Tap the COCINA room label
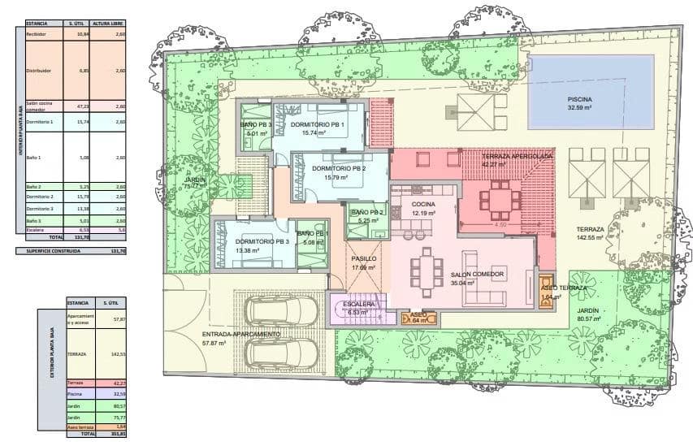pos(423,204)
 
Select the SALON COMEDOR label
pos(478,275)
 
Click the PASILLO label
pos(364,258)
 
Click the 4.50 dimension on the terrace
pos(501,224)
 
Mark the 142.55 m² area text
pos(590,238)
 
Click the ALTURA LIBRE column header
pos(107,24)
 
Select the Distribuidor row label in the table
pos(39,71)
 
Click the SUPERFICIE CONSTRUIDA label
pos(50,251)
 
